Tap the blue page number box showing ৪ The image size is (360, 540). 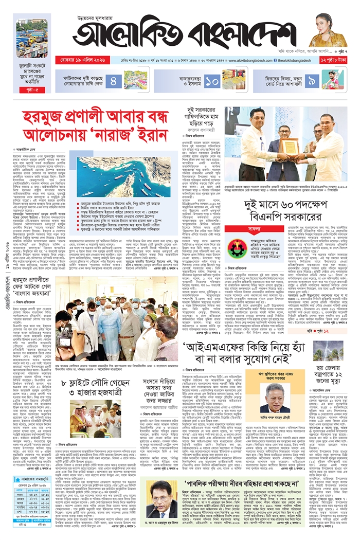114,80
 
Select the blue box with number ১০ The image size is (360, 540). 212,80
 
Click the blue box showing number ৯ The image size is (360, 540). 312,80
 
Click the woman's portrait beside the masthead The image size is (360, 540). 328,30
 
